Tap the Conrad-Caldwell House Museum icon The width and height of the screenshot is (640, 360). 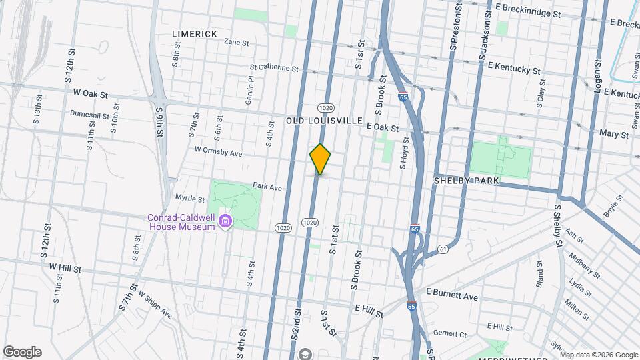[x=225, y=221]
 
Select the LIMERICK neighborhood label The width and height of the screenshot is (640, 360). [x=195, y=34]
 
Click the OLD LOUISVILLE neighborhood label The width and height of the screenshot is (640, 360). [x=323, y=121]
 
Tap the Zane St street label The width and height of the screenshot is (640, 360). [x=236, y=42]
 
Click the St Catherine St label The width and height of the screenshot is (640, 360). [x=274, y=67]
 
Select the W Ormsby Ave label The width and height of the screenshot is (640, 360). [x=218, y=152]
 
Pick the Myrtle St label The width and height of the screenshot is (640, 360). [x=189, y=199]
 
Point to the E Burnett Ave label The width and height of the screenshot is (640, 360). [x=453, y=295]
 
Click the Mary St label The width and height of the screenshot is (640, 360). [x=614, y=135]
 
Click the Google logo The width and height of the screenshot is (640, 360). [x=22, y=352]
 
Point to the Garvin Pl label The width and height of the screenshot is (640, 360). [x=251, y=89]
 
